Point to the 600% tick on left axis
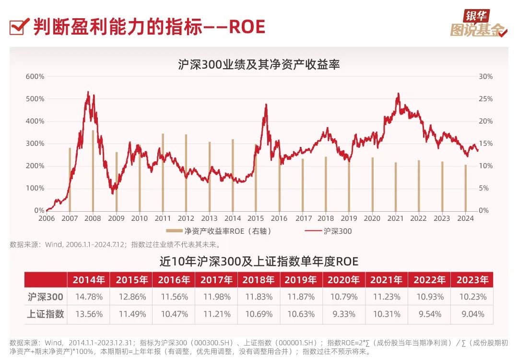(x=35, y=76)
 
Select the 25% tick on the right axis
(x=486, y=99)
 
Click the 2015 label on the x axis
(x=256, y=218)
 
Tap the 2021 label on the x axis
(x=395, y=218)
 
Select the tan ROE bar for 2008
(x=93, y=170)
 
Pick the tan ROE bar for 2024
(x=465, y=188)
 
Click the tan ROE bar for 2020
(x=372, y=184)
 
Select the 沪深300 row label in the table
(x=46, y=297)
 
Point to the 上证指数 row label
(x=46, y=314)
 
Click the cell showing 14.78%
(x=89, y=297)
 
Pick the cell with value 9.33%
(x=344, y=314)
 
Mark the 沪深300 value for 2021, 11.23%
(x=387, y=297)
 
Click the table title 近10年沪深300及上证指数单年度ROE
(x=259, y=261)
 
